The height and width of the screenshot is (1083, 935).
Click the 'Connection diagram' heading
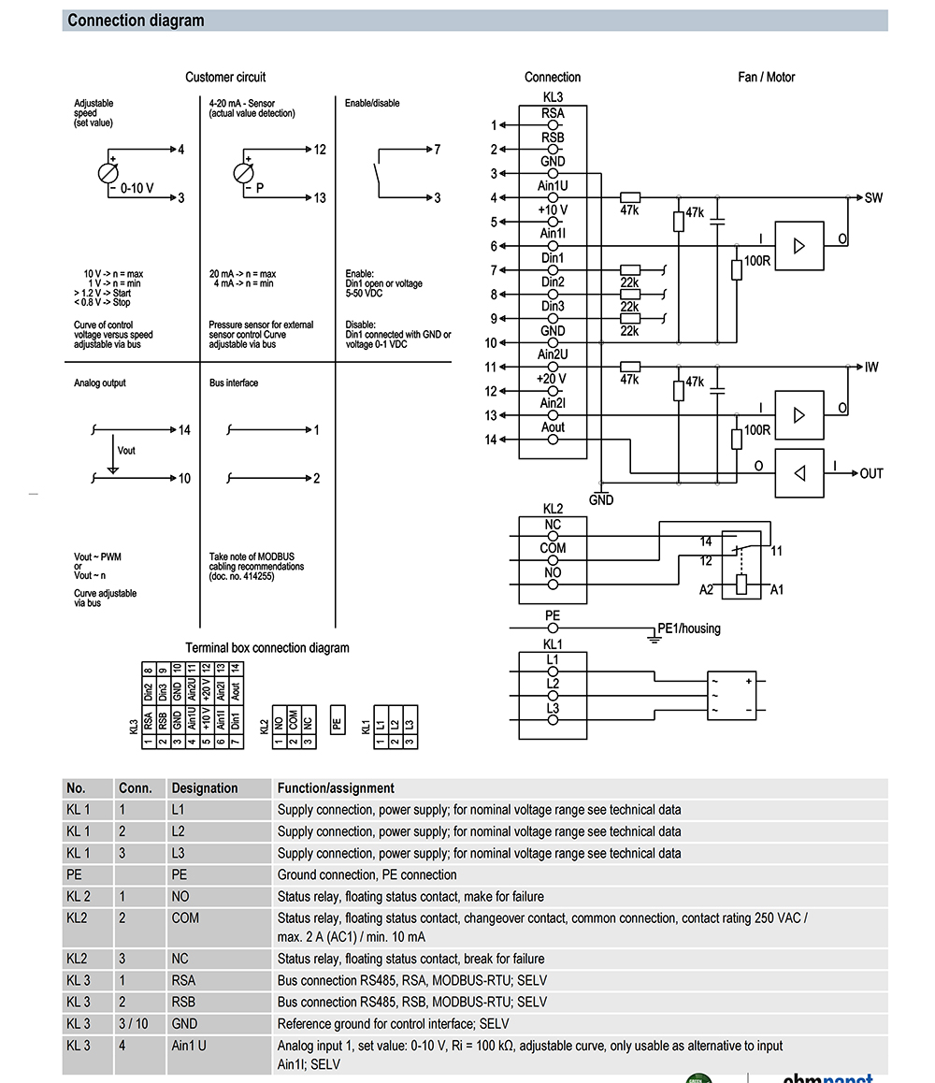coord(136,21)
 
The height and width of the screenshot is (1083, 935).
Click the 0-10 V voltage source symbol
coord(110,173)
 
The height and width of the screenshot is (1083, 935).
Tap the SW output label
coord(873,197)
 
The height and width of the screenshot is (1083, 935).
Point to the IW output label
coord(871,368)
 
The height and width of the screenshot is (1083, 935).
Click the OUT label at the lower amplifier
coord(871,473)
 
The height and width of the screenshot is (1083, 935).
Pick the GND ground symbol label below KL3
coord(601,500)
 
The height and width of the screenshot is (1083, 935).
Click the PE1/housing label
coord(689,628)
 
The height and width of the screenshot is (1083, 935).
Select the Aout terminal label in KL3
coord(554,427)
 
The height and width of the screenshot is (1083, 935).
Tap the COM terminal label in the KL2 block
coord(553,548)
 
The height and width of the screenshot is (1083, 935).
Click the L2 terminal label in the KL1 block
coord(553,684)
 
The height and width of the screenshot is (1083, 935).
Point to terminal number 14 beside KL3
coord(491,440)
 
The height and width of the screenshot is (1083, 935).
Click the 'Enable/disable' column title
coord(372,103)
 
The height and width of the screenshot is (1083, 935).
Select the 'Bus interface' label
coord(234,383)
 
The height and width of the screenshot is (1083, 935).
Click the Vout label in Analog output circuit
coord(126,451)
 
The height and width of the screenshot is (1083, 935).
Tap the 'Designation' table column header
coord(205,788)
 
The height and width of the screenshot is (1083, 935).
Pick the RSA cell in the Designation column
coord(184,980)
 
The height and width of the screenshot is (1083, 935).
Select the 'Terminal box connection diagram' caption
coord(267,647)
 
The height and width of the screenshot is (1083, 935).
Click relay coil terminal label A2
coord(706,590)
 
